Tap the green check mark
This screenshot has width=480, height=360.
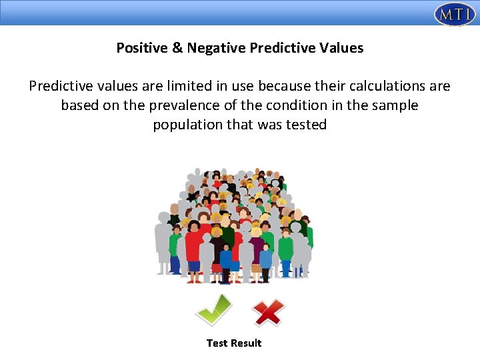point(213,309)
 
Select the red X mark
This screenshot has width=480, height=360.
point(268,311)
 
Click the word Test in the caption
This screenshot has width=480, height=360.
point(217,343)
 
